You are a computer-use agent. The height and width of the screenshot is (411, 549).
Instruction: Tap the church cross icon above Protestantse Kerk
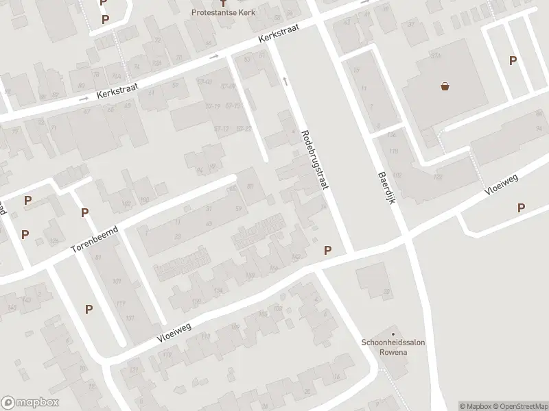(222, 3)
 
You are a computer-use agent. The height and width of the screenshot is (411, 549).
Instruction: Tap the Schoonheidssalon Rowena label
(394, 347)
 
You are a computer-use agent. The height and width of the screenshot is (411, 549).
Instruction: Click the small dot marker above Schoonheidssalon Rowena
(394, 334)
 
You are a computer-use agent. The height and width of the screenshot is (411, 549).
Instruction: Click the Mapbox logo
(30, 403)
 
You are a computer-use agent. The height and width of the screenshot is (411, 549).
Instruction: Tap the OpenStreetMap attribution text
(519, 406)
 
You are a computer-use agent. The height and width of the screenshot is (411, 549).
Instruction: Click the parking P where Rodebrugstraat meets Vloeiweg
(328, 251)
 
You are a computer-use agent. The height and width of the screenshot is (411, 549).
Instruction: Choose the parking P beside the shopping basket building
(513, 60)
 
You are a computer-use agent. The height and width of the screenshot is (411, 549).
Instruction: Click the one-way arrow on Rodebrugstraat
(285, 81)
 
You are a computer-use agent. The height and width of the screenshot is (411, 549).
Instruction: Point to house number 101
(117, 282)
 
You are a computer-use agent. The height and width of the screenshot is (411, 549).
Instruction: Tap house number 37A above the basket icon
(434, 55)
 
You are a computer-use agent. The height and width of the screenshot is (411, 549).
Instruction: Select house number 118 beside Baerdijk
(394, 151)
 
